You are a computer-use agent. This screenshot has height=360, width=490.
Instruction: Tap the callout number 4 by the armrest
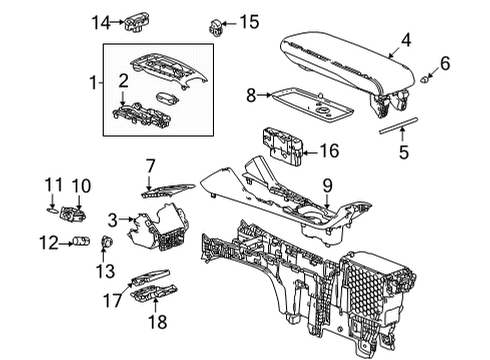click(405, 42)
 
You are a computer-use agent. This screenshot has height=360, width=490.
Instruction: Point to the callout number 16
click(329, 152)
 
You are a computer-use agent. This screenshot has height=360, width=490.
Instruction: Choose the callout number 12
click(47, 241)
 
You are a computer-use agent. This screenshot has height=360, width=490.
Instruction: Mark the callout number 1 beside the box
click(95, 82)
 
